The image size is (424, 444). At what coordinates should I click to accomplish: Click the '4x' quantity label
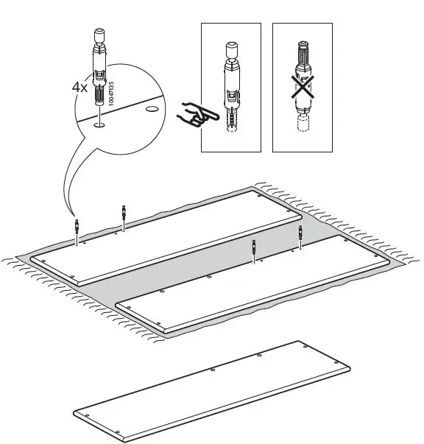click(80, 86)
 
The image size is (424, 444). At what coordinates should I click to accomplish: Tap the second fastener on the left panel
click(124, 217)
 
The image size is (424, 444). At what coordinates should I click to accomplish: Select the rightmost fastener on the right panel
click(300, 236)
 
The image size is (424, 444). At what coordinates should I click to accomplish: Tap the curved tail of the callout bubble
click(67, 184)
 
